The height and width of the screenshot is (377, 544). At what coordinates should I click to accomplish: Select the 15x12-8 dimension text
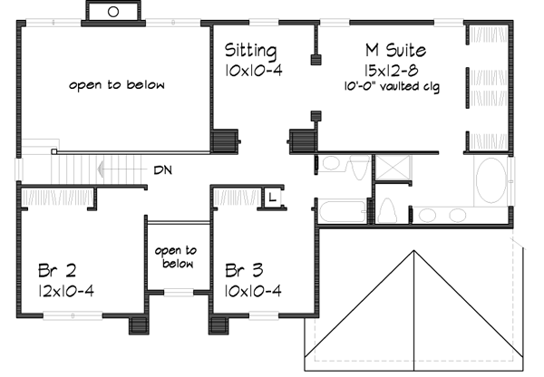(x=393, y=70)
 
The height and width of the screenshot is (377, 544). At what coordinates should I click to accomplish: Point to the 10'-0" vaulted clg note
(x=396, y=87)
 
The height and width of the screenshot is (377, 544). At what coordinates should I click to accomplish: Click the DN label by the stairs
(x=164, y=169)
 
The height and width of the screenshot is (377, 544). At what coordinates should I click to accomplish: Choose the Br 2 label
(x=56, y=271)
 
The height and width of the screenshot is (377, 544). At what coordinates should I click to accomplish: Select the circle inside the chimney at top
(x=113, y=12)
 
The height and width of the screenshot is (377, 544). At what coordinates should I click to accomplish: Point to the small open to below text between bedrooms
(x=176, y=257)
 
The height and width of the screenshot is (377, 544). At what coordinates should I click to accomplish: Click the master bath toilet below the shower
(x=387, y=210)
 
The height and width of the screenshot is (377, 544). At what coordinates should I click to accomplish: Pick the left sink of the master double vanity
(x=426, y=215)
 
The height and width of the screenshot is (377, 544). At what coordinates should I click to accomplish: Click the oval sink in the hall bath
(x=331, y=164)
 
